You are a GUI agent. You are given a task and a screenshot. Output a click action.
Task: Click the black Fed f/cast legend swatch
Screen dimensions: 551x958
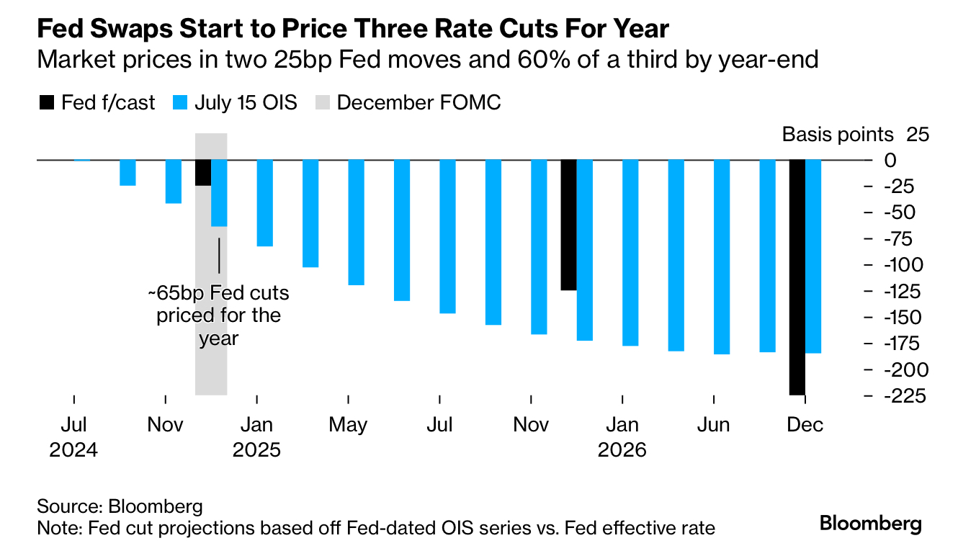(x=45, y=103)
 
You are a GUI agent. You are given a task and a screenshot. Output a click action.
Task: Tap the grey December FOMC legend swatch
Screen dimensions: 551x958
(x=322, y=103)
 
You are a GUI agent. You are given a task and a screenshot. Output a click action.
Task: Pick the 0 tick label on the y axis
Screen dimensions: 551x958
(x=891, y=160)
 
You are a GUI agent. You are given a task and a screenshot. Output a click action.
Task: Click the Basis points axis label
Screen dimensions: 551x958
(x=838, y=135)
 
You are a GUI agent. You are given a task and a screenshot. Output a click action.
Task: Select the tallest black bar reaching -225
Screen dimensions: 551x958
(x=797, y=277)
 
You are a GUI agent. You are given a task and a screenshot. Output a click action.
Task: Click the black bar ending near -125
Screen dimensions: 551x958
(x=568, y=225)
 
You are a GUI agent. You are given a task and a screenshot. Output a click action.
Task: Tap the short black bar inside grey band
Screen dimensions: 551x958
(x=203, y=173)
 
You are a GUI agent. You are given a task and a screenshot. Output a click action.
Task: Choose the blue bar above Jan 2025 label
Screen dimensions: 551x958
(x=265, y=203)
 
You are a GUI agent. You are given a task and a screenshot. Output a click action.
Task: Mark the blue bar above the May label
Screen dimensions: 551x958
(x=356, y=223)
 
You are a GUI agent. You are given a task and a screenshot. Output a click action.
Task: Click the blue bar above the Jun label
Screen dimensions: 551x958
(x=722, y=257)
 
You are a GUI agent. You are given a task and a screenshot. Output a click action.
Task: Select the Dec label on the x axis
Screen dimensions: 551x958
(x=805, y=425)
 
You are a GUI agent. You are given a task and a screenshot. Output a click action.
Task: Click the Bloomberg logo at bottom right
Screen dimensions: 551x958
(x=871, y=524)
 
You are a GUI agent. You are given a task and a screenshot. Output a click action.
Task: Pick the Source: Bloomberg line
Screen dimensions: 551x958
(x=120, y=506)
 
